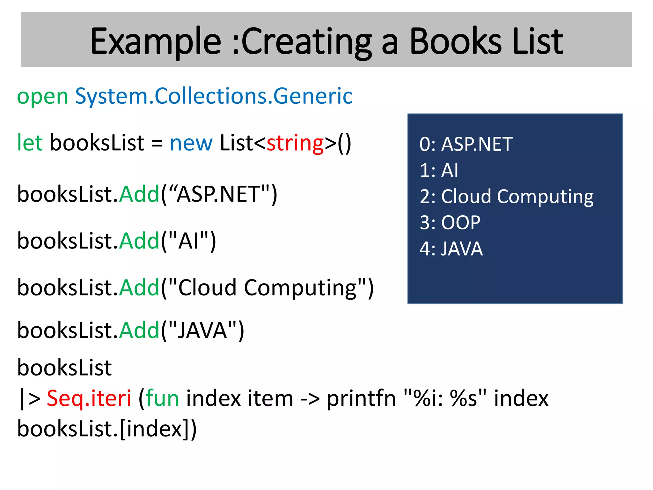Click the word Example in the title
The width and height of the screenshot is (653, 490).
(x=156, y=41)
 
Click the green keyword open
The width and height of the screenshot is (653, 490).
(x=42, y=96)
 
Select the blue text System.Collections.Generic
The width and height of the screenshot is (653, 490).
(x=214, y=96)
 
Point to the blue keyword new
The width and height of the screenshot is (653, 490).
(x=191, y=143)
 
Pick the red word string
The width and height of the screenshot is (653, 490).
(x=295, y=143)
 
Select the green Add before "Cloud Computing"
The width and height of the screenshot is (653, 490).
(x=139, y=287)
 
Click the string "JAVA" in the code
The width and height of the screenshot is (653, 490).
(x=202, y=330)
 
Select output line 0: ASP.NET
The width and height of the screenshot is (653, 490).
(x=466, y=144)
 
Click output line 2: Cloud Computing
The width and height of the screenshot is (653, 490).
(x=506, y=196)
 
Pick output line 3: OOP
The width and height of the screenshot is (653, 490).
(x=450, y=222)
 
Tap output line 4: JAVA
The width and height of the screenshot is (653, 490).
(x=451, y=249)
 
